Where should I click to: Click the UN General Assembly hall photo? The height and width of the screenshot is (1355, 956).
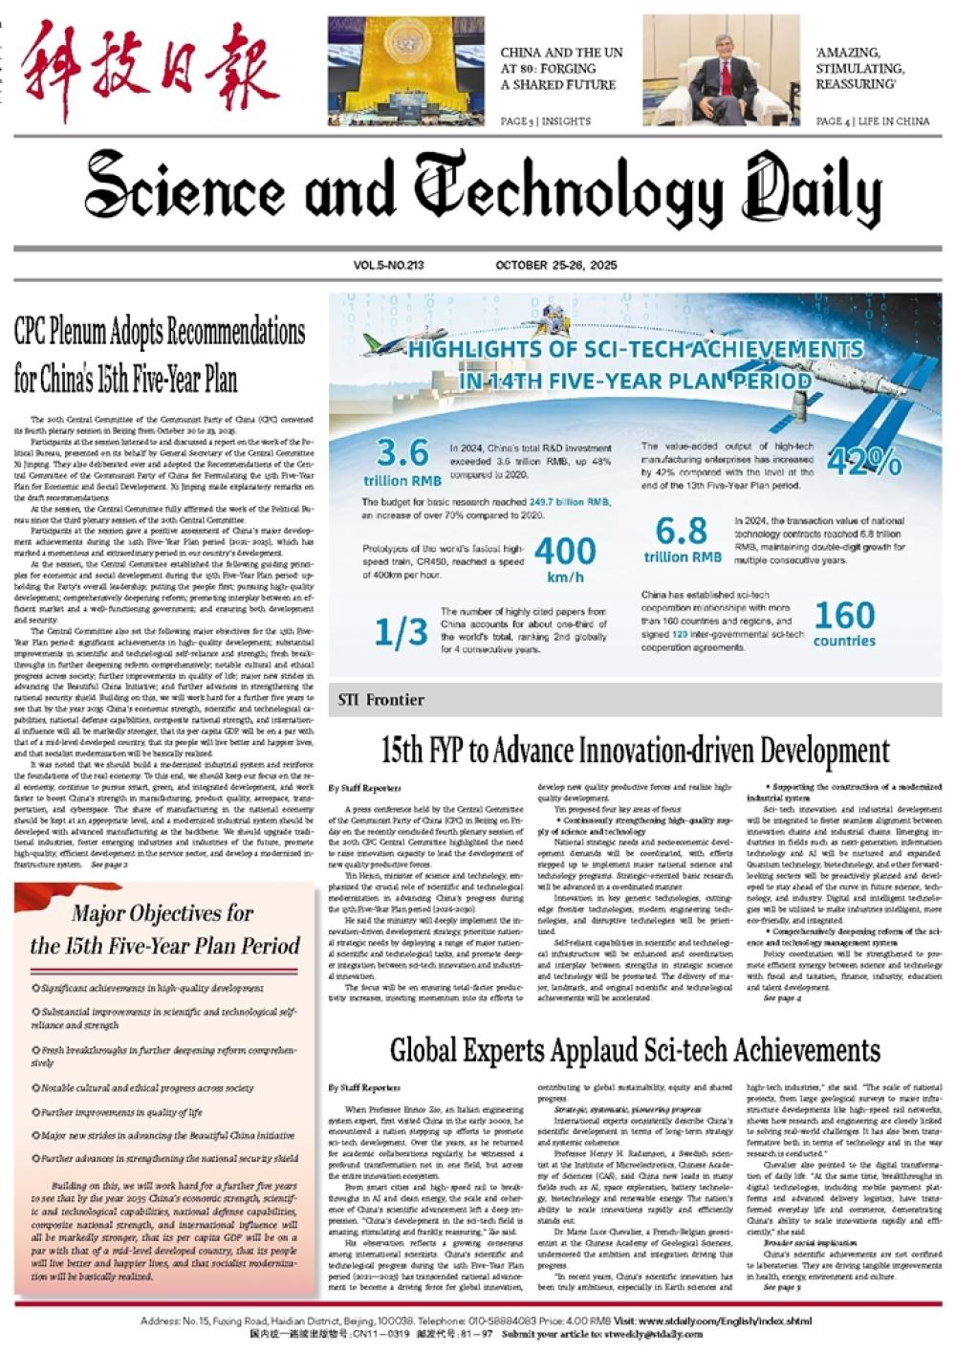(406, 72)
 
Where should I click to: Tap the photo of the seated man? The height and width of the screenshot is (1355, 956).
(721, 72)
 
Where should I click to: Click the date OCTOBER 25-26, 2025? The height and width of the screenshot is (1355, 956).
(555, 265)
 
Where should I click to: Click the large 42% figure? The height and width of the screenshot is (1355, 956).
(864, 463)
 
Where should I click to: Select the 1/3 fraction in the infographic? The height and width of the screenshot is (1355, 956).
(401, 631)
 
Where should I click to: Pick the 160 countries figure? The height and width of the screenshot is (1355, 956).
(844, 623)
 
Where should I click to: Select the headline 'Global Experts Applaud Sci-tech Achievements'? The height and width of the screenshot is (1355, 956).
(634, 1050)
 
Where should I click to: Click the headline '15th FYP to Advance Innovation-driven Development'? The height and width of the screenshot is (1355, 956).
(635, 750)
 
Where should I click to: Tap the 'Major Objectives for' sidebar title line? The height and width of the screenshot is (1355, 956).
(163, 913)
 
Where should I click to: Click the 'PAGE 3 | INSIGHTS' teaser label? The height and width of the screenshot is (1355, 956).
(545, 121)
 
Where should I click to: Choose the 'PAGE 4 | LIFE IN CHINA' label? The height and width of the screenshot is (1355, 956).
(872, 121)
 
